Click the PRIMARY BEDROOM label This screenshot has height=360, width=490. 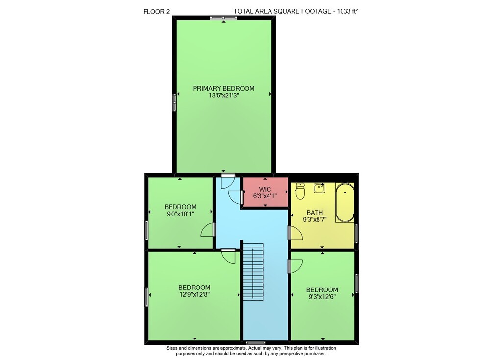click(x=223, y=89)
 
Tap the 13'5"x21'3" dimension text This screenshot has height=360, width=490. click(x=224, y=96)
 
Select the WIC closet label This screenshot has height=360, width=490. click(x=265, y=189)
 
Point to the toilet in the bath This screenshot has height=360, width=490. click(x=300, y=191)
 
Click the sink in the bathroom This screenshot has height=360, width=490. click(x=319, y=188)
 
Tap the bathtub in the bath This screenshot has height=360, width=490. click(x=345, y=202)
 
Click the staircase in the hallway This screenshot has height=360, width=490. click(x=253, y=271)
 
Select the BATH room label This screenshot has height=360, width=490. click(x=315, y=213)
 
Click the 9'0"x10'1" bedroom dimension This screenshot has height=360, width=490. click(x=180, y=214)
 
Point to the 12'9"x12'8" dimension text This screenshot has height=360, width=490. click(x=194, y=294)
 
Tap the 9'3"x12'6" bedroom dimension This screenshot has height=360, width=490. click(x=322, y=297)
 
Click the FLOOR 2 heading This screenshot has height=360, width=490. click(x=156, y=12)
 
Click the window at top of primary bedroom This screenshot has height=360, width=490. click(x=223, y=18)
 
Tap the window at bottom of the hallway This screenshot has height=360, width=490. click(x=255, y=343)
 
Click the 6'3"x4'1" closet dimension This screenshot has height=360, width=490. click(x=265, y=196)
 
